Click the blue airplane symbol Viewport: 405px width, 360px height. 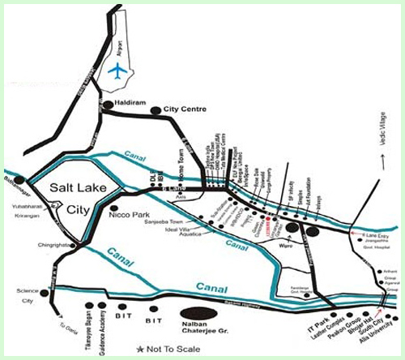pos(118,70)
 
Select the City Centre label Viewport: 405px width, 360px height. pos(183,109)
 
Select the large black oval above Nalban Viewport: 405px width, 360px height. pos(198,312)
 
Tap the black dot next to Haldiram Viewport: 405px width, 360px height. pos(108,105)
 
